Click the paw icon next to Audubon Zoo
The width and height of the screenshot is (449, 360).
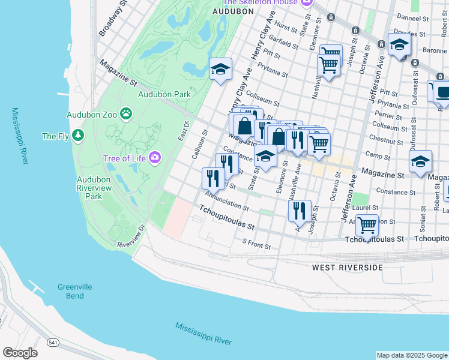pos(126,113)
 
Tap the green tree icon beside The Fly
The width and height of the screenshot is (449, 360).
pos(77,136)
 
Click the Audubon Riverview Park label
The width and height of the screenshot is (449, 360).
pos(94,188)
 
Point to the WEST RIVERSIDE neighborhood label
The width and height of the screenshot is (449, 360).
pos(348,267)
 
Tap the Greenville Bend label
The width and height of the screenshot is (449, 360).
pos(75,292)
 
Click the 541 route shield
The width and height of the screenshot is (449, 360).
pos(53,342)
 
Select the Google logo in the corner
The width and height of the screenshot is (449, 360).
pos(20,353)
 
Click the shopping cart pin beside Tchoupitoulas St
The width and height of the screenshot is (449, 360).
pos(367,226)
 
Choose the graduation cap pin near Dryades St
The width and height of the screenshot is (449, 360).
pos(399,44)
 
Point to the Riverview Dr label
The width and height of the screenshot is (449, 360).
pos(131,237)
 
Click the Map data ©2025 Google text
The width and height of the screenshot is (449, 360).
pos(412,355)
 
